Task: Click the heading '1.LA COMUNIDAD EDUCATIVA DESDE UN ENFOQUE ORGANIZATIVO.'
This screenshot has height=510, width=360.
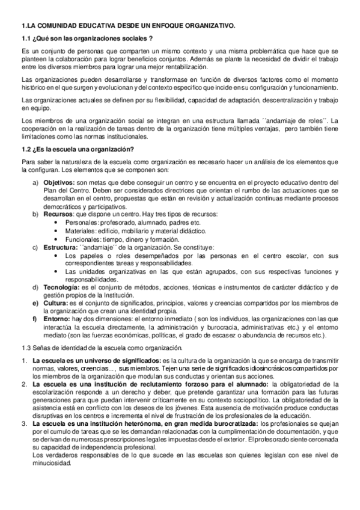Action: (x=128, y=26)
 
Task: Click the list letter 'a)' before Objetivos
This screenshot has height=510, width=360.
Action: (x=35, y=182)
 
